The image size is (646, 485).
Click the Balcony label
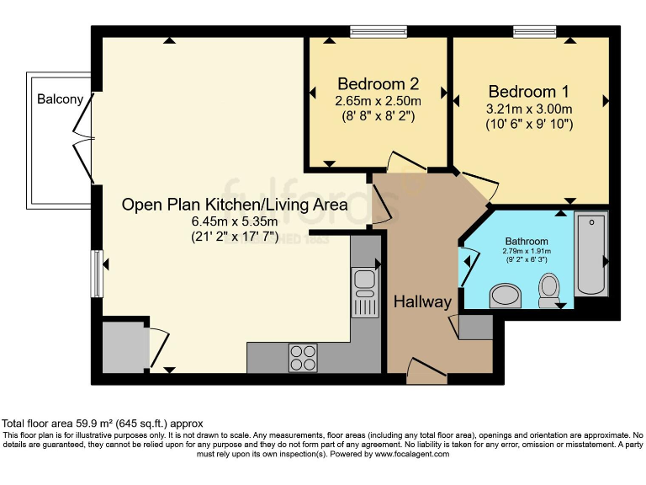pyautogui.click(x=60, y=99)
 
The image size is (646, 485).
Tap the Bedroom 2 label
pyautogui.click(x=378, y=84)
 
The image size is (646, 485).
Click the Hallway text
pyautogui.click(x=423, y=301)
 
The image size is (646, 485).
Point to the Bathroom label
pyautogui.click(x=527, y=239)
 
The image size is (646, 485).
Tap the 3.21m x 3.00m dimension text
pyautogui.click(x=529, y=109)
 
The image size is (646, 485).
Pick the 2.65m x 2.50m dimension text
pyautogui.click(x=378, y=101)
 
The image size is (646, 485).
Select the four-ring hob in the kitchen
pyautogui.click(x=303, y=358)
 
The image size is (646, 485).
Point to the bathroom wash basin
pyautogui.click(x=504, y=295)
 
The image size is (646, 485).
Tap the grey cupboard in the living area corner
pyautogui.click(x=124, y=346)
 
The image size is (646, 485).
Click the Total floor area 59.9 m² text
pyautogui.click(x=102, y=423)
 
